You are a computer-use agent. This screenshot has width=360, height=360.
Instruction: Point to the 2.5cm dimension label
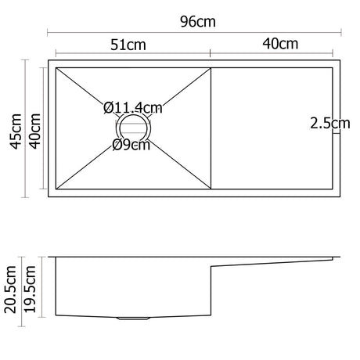click(x=329, y=123)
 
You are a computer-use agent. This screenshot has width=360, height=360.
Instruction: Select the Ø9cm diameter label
click(x=131, y=144)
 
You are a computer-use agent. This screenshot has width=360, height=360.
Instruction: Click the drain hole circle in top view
click(x=133, y=126)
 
